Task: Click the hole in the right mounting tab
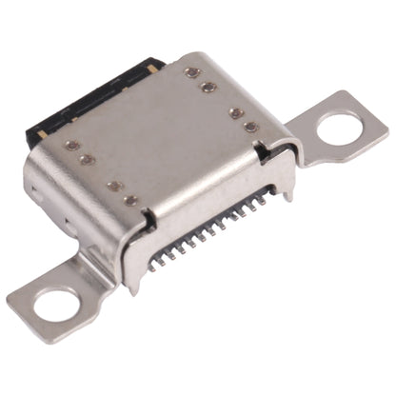click(339, 128)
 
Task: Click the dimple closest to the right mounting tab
click(250, 127)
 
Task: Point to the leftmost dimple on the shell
click(71, 146)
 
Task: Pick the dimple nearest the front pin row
click(130, 201)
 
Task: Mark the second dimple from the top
click(208, 87)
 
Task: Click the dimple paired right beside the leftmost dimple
click(86, 160)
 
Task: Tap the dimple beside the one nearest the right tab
click(235, 112)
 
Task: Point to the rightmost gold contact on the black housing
click(153, 69)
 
